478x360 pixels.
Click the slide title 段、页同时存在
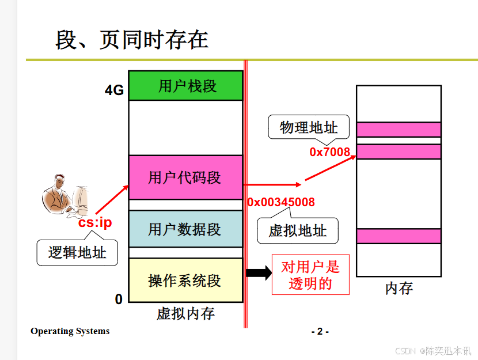point(131,39)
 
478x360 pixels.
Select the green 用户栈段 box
point(185,86)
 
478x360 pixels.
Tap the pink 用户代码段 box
point(185,177)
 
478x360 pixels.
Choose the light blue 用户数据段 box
point(185,229)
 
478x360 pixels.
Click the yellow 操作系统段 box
point(185,281)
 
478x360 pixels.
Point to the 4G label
point(114,90)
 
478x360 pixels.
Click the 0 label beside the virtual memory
point(119,299)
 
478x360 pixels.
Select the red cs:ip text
point(95,223)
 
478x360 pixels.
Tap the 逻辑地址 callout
point(77,252)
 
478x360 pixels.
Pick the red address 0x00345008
point(281,202)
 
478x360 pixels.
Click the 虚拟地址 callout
point(297,231)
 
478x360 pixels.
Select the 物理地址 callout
point(309,127)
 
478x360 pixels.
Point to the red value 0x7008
point(329,152)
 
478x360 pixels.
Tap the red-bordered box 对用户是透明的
point(310,275)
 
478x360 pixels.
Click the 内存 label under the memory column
point(399,288)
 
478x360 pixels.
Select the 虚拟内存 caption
point(185,313)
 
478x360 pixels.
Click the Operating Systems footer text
point(70,331)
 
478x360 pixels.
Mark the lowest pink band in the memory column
point(399,236)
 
